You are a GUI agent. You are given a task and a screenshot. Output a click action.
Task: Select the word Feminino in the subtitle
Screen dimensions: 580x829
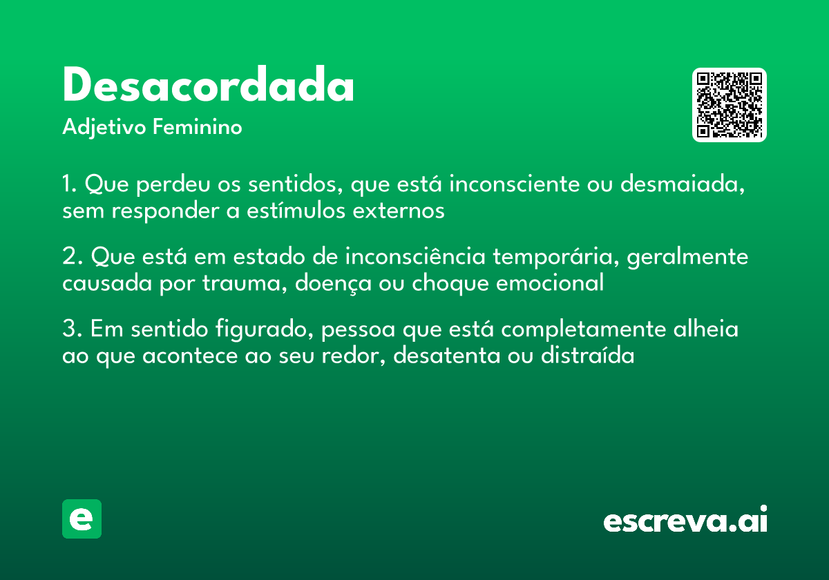pos(197,128)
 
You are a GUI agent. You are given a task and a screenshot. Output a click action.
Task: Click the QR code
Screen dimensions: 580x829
pos(729,105)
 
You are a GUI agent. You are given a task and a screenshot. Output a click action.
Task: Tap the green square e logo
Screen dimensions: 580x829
pos(82,519)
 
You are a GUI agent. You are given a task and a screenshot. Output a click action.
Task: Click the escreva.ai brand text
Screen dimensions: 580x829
pos(685,520)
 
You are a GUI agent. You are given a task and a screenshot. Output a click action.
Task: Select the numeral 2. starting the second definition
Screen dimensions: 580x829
pos(72,258)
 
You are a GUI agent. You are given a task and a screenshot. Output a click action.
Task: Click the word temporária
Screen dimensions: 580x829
pos(556,258)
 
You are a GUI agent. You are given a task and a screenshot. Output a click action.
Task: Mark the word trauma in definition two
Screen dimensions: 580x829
pos(248,283)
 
